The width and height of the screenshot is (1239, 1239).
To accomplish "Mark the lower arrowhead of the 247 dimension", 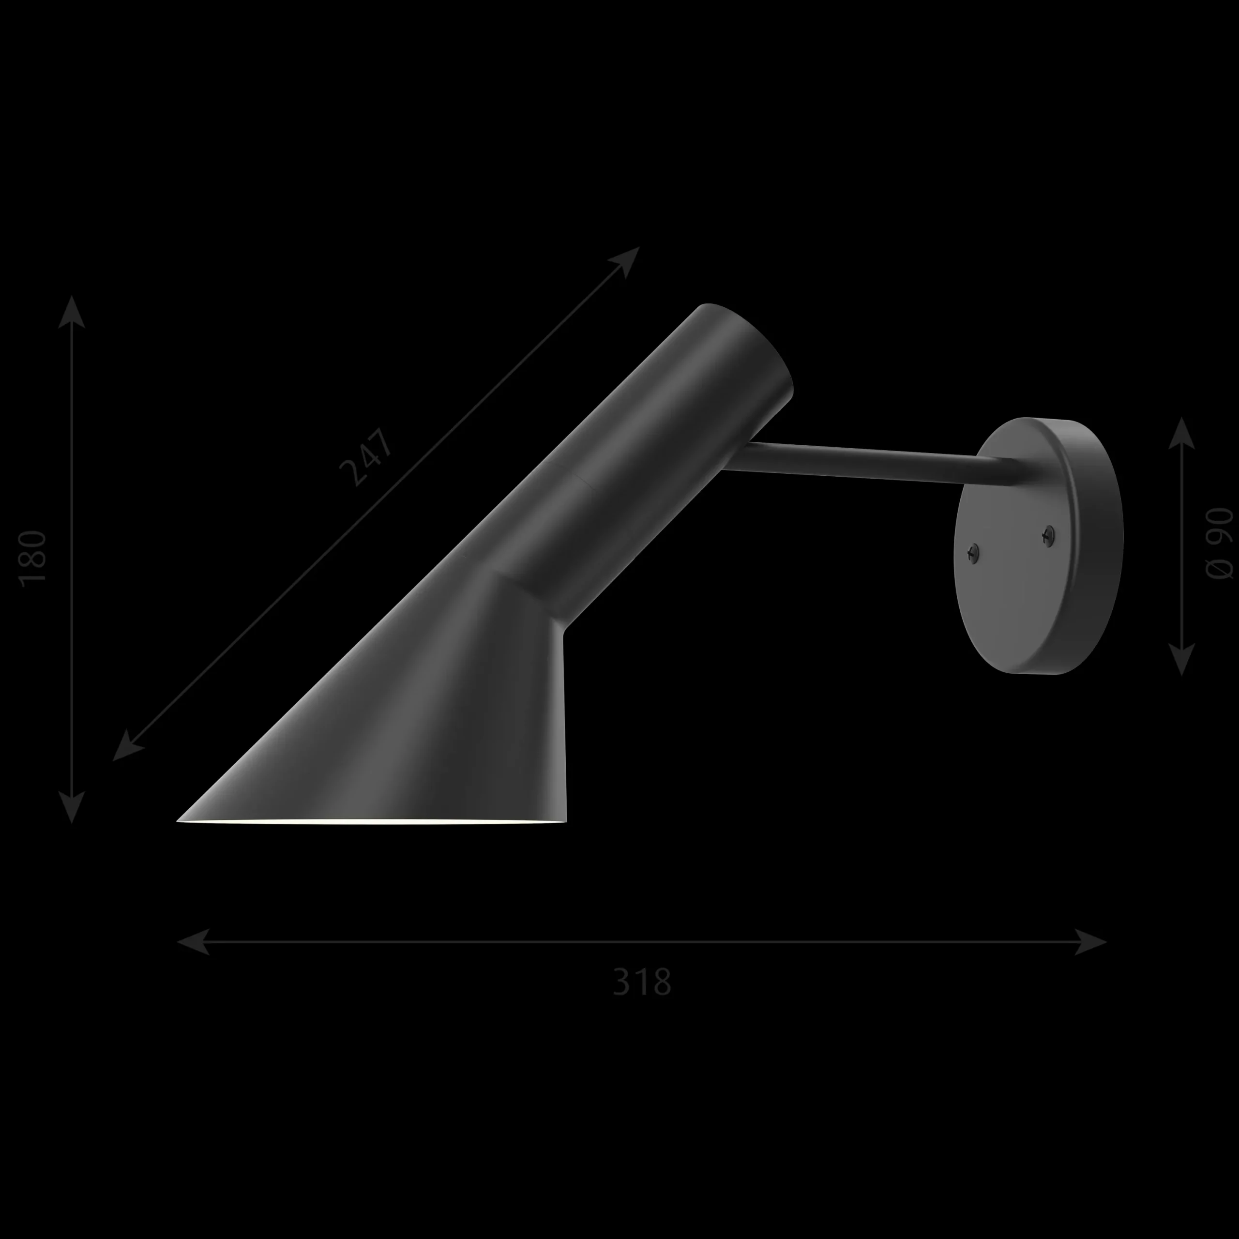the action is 128,746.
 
